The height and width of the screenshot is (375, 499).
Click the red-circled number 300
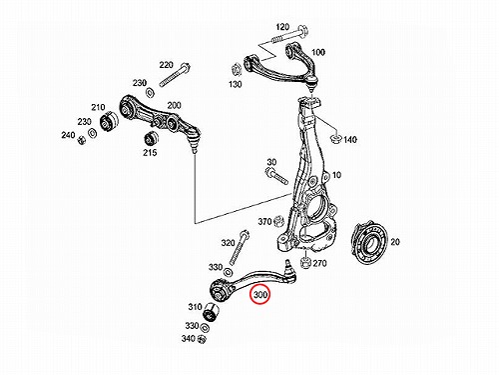(260, 295)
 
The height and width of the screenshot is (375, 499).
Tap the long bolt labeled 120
(289, 36)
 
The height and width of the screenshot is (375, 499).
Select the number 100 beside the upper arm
(318, 52)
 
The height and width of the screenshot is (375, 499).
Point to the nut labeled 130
(237, 70)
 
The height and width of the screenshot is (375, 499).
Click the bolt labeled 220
(175, 75)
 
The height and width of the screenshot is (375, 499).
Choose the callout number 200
(174, 106)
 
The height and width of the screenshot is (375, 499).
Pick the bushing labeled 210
(109, 122)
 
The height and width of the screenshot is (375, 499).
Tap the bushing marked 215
(150, 139)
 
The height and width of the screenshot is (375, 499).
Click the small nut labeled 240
(81, 140)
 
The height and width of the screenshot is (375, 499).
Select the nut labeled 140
(335, 139)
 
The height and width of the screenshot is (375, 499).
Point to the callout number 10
(336, 175)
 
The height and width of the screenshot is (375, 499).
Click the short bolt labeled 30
(276, 177)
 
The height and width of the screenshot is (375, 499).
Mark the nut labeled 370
(278, 221)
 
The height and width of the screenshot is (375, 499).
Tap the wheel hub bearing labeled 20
(369, 244)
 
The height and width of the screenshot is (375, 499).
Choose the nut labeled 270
(304, 263)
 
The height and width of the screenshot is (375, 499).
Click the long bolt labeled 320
(239, 248)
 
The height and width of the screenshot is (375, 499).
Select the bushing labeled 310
(210, 312)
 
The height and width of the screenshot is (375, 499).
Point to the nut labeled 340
(202, 339)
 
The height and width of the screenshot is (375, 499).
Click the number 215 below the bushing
(150, 153)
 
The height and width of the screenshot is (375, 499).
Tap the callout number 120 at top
(282, 27)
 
